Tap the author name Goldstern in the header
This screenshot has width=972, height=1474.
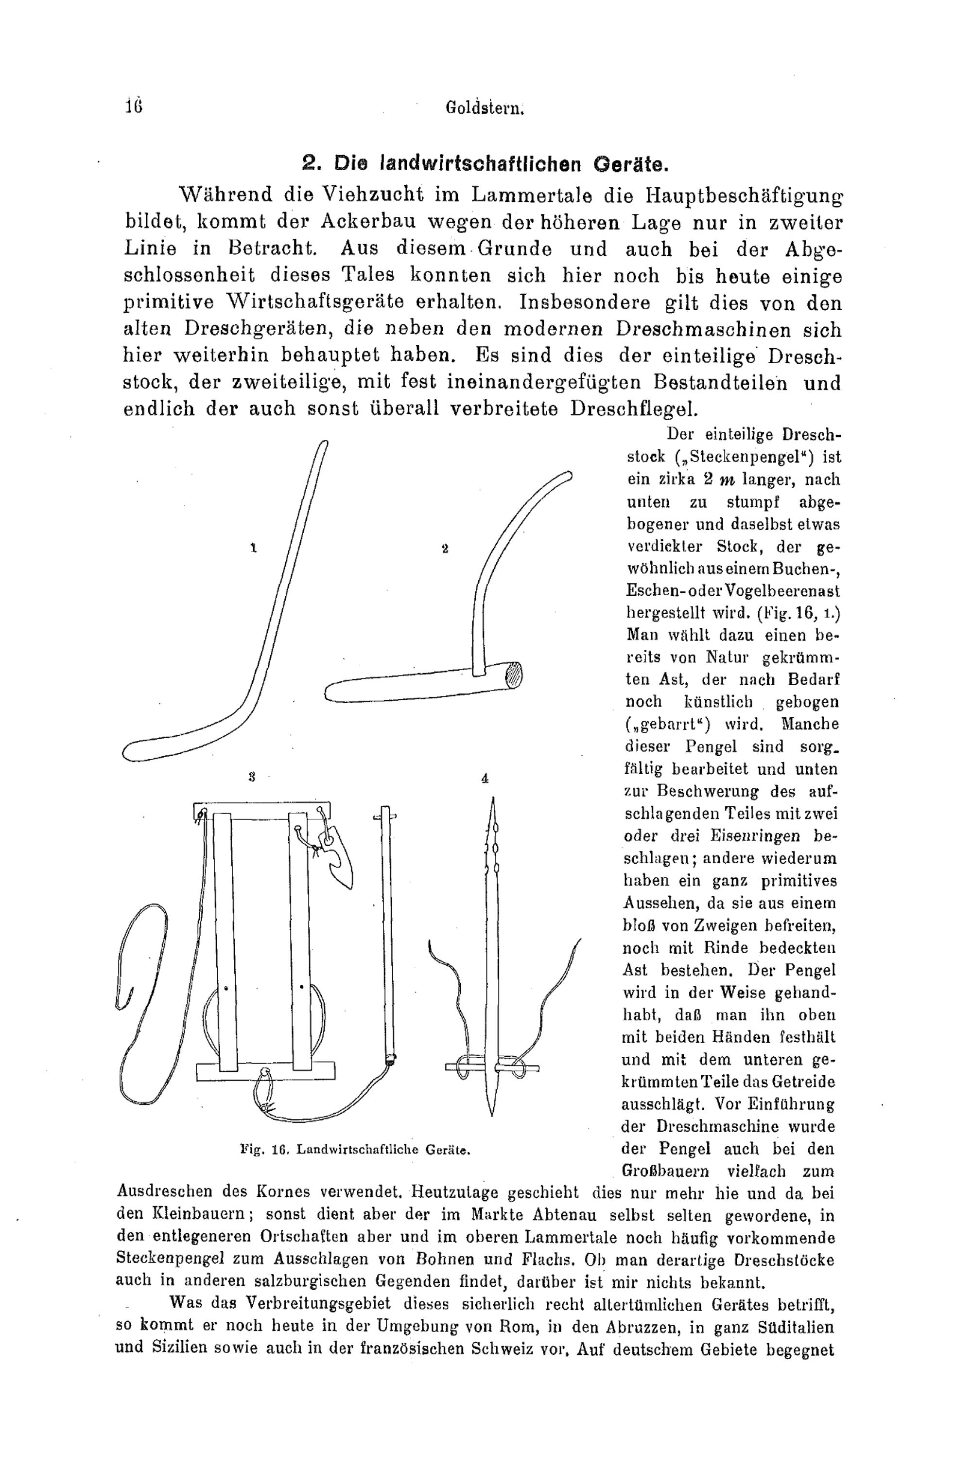pos(486,109)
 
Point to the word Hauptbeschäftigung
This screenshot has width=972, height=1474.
pos(744,196)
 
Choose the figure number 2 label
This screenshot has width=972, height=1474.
pos(445,548)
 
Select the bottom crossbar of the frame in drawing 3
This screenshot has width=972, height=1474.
pos(265,1070)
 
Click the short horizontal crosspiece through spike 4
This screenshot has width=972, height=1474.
pos(493,1068)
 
